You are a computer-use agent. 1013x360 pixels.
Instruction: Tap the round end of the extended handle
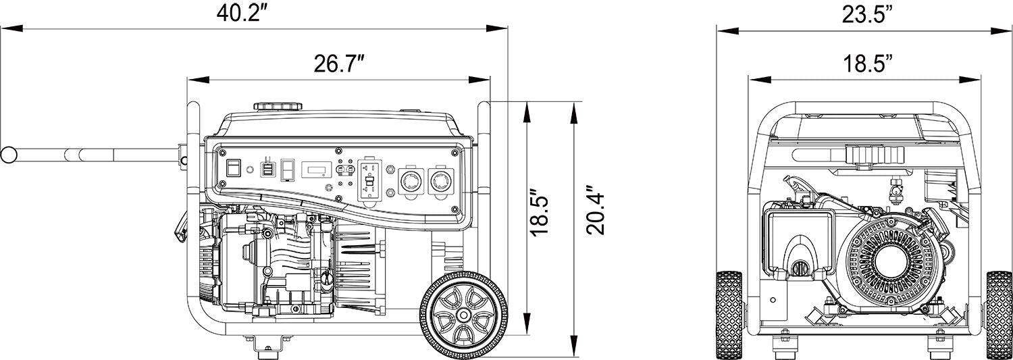(8, 155)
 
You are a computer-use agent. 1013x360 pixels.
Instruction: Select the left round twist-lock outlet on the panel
(411, 180)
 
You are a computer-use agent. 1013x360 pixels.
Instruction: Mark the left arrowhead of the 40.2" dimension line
(5, 28)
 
